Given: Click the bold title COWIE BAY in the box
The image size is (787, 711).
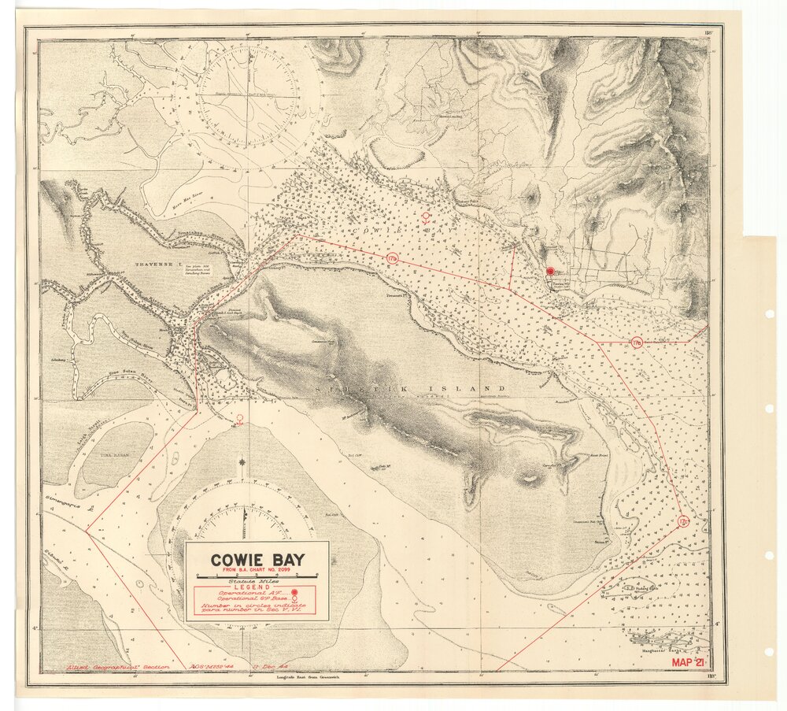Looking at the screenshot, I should pos(257,561).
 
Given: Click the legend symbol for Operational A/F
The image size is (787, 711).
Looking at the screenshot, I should pos(294,591).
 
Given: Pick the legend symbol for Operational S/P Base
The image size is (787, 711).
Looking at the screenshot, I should pos(294,598).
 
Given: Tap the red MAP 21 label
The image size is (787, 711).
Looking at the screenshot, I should pos(691,663).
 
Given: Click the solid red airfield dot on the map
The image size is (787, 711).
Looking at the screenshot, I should pos(549,271).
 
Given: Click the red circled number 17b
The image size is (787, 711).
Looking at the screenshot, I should pos(393,258).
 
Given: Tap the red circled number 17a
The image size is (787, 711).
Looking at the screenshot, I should pos(636,343).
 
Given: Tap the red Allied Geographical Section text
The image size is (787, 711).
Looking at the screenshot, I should pos(105,666).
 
